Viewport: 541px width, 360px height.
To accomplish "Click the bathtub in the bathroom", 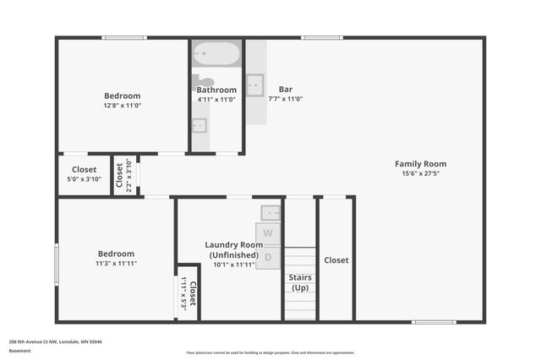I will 216,55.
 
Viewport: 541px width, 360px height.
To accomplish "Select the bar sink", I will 255,85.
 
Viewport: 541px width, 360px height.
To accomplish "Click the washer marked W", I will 268,233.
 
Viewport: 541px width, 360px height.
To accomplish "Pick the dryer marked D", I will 268,257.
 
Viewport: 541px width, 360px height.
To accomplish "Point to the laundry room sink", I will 270,212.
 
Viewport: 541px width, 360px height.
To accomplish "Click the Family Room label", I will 420,164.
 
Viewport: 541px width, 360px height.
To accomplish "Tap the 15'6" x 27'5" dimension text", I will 420,173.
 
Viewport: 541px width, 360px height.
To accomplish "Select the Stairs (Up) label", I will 300,282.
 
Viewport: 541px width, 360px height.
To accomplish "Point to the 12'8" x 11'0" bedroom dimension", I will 122,106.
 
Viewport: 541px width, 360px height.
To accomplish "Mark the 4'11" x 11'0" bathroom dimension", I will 216,99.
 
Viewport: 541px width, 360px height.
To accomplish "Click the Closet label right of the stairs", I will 336,260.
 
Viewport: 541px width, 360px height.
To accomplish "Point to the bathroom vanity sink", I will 199,126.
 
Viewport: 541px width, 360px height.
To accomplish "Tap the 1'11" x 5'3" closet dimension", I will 183,292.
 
